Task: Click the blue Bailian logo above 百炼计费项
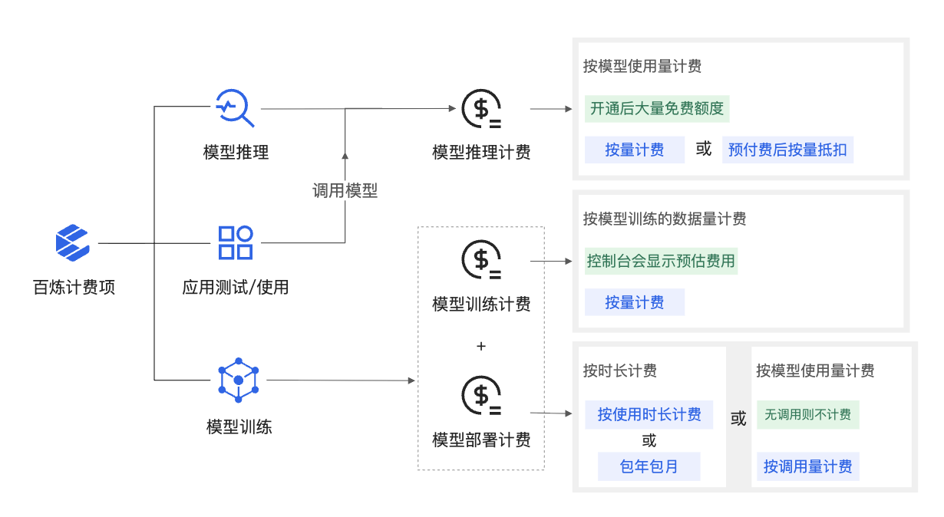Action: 73,242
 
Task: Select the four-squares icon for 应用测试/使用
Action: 236,242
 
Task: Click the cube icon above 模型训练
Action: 238,380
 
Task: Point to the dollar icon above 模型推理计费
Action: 481,109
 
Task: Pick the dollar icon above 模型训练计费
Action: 481,260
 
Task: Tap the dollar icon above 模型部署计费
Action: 481,396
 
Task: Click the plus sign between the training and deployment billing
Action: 481,346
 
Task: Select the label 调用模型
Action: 345,190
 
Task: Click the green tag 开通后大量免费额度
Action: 656,108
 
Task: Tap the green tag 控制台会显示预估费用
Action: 661,261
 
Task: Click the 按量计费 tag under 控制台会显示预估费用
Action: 634,302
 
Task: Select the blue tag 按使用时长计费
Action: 649,414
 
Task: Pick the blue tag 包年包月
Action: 649,466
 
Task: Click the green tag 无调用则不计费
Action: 807,414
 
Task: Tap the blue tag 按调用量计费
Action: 807,466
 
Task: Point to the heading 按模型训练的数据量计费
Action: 664,219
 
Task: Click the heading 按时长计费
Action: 619,371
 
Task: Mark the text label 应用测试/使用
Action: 236,288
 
